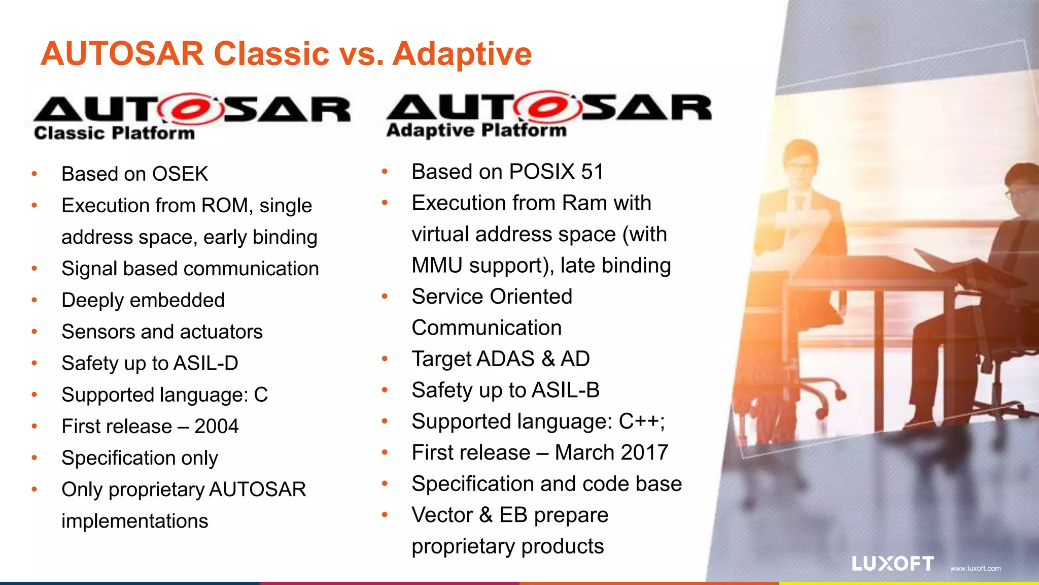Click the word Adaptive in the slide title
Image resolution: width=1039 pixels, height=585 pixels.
462,54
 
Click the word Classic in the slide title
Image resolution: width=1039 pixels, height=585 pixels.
271,54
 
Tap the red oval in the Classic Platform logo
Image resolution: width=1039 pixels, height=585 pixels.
190,109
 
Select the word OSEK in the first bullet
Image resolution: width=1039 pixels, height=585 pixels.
180,174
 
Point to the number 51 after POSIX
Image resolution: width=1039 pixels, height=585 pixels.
592,172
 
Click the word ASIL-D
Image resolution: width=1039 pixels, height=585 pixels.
205,363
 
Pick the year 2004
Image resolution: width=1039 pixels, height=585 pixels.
216,426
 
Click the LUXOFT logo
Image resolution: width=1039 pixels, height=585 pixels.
892,564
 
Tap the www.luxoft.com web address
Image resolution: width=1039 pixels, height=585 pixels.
975,568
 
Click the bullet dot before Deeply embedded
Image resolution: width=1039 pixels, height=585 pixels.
34,300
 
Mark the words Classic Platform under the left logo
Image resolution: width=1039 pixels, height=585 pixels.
114,133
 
